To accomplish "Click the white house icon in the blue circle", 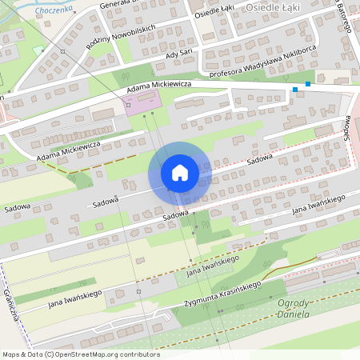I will click(x=179, y=173).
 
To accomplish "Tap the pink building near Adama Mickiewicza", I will click(x=142, y=102).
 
